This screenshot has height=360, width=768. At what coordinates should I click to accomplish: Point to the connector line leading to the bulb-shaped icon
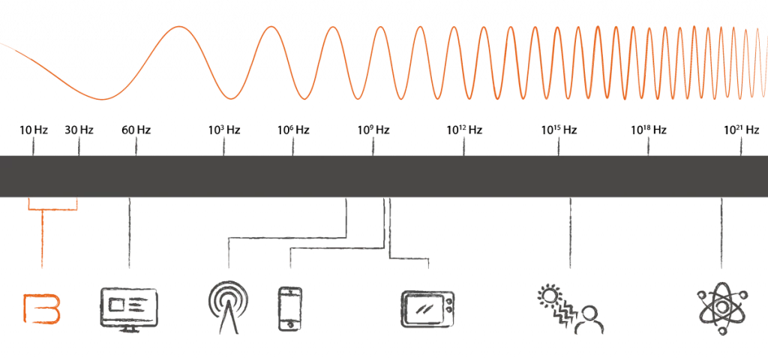click(x=285, y=236)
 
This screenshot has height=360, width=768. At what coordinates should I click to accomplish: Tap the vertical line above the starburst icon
click(x=722, y=232)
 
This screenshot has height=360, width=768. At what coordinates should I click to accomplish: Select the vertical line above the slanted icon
click(x=568, y=232)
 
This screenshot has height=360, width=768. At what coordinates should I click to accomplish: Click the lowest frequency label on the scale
click(x=33, y=131)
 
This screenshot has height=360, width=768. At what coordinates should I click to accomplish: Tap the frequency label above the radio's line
click(x=136, y=131)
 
